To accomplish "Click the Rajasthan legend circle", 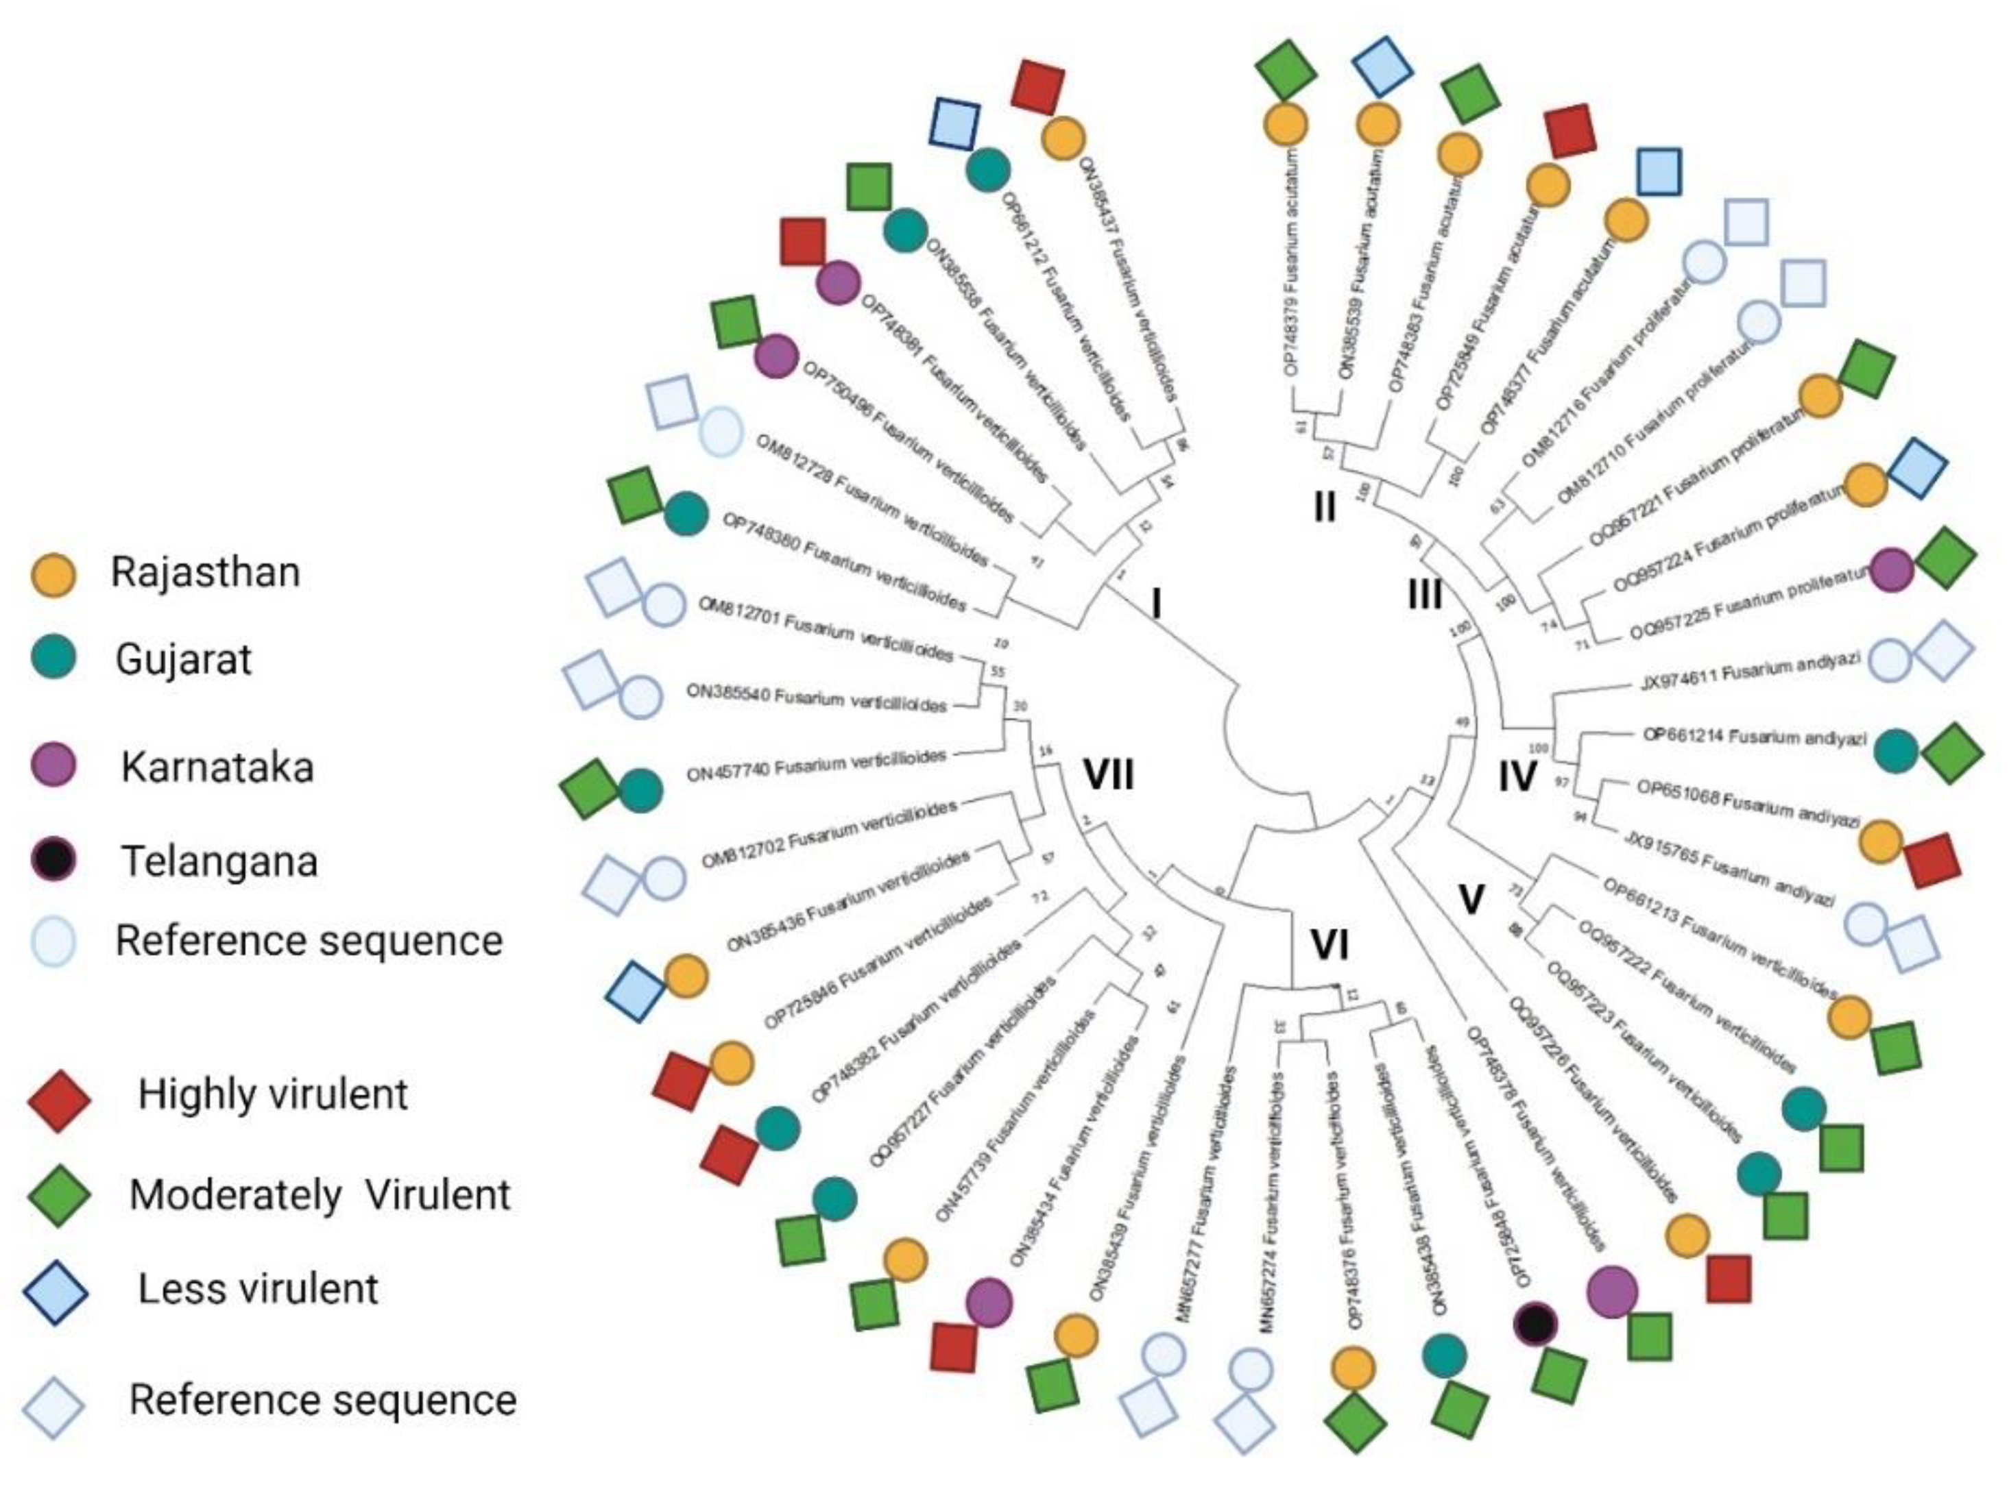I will pos(53,574).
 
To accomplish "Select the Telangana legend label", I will pos(219,861).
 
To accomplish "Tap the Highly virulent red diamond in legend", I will pos(58,1100).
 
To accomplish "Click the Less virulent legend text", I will pos(258,1289).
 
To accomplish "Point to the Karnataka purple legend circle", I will pos(53,766).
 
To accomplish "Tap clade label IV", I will pos(1517,776).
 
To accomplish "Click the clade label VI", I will pos(1328,946).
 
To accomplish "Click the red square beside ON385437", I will pos(1038,86).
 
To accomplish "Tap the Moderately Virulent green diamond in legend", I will pos(58,1195).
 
